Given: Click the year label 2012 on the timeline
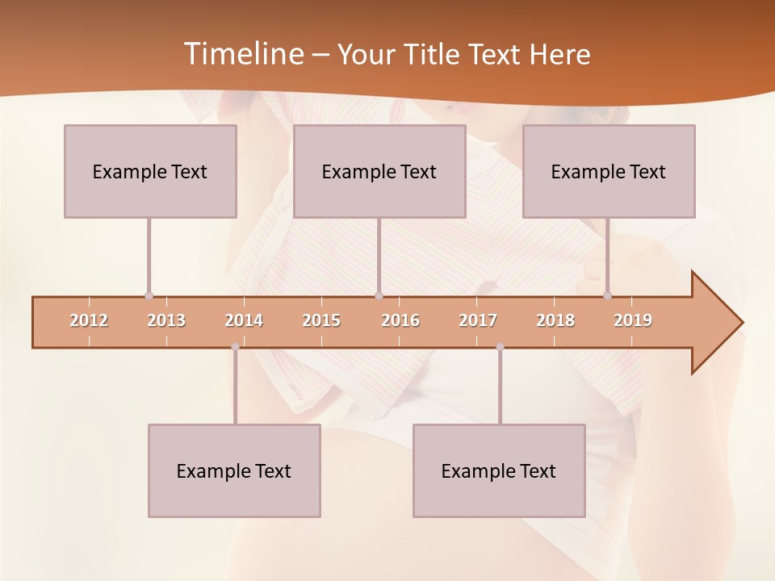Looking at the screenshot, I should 89,320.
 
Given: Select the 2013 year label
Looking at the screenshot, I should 166,320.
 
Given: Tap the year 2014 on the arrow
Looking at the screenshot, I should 244,320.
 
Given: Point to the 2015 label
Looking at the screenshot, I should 321,320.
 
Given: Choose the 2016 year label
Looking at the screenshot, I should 400,320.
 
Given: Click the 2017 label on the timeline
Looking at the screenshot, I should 478,320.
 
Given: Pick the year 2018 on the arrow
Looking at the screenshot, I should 555,320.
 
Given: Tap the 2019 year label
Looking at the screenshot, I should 633,320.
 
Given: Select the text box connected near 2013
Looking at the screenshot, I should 150,171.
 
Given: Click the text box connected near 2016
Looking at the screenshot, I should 379,171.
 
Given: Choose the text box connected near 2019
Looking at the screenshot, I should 609,171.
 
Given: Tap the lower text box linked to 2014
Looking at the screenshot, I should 234,470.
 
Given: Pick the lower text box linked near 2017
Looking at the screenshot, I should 499,470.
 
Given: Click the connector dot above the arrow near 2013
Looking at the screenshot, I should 149,296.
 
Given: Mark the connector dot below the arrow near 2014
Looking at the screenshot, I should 235,347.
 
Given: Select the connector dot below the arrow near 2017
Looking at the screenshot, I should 500,347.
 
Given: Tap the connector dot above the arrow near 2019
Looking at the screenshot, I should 607,296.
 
